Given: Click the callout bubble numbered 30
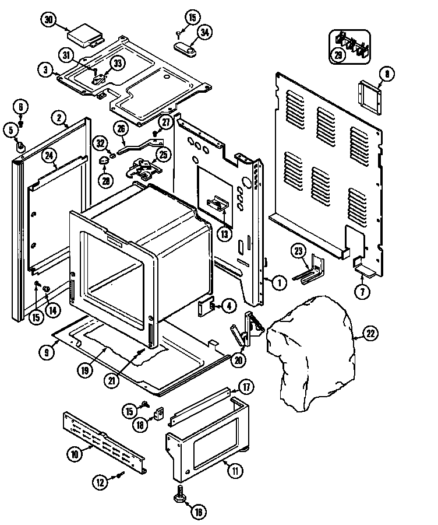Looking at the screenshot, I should tap(50, 20).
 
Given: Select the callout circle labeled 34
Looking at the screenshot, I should tap(204, 33).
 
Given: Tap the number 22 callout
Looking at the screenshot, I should tap(370, 334).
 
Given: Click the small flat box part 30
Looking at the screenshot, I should tap(83, 35).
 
